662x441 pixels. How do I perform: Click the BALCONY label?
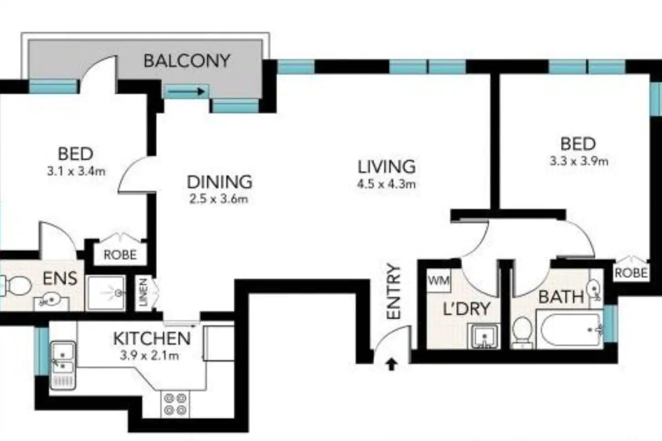tap(187, 61)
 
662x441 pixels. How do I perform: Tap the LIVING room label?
tap(387, 166)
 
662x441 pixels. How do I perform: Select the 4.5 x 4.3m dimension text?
tap(386, 184)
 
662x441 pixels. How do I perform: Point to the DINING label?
tap(219, 182)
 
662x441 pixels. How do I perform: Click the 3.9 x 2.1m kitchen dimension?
tap(149, 355)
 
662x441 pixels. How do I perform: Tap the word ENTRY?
tap(394, 291)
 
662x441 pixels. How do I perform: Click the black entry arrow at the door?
tap(391, 364)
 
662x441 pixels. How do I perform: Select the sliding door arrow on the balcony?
tap(186, 92)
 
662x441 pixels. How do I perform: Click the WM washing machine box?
tap(439, 281)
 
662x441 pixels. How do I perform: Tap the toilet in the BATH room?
tap(522, 331)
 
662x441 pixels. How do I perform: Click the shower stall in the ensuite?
tap(106, 293)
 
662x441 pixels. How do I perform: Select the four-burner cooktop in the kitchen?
tap(175, 404)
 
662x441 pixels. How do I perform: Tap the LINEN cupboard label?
tap(143, 292)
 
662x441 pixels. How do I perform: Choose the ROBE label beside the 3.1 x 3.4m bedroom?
tap(120, 254)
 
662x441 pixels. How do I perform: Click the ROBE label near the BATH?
tap(631, 273)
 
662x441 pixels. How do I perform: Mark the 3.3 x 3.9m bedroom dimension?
tap(579, 161)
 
